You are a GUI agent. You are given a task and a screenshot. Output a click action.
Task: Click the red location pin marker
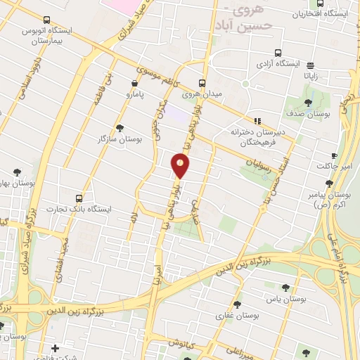(181, 165)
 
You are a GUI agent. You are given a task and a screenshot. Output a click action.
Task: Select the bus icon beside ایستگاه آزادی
(278, 53)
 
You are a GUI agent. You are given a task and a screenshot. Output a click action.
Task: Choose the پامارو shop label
(139, 93)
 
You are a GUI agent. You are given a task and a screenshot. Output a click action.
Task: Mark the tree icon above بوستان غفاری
(236, 304)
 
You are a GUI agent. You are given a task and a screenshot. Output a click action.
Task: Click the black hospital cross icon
(56, 347)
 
